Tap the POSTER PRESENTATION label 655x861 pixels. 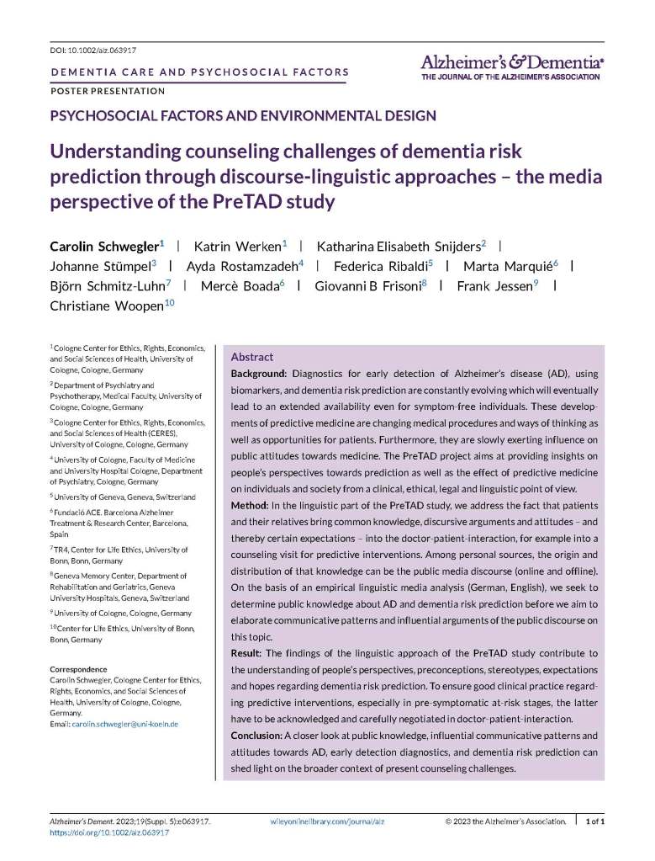[108, 91]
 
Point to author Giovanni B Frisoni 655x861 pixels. [367, 285]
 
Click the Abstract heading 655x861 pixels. [251, 357]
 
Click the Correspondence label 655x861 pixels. [84, 669]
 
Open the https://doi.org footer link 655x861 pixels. [108, 832]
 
